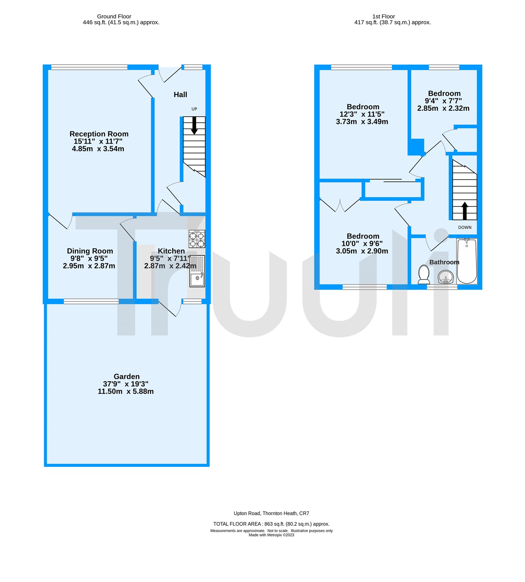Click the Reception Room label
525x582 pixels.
click(x=99, y=134)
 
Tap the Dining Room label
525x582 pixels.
click(x=90, y=251)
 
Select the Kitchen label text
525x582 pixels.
click(x=171, y=251)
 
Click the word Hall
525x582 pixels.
click(x=180, y=95)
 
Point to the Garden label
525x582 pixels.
click(x=126, y=376)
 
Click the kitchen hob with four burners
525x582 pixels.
click(x=197, y=239)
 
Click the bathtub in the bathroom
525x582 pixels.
click(x=467, y=261)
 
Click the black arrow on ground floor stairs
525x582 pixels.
click(x=194, y=126)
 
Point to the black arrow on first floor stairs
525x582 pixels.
click(x=464, y=210)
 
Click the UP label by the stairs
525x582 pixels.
click(x=194, y=109)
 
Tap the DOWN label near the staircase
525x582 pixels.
click(x=465, y=228)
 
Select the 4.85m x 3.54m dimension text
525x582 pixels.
click(x=98, y=149)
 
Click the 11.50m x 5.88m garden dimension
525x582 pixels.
click(x=126, y=391)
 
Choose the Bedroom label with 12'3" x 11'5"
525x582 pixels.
click(x=363, y=107)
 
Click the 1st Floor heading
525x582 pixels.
click(x=383, y=16)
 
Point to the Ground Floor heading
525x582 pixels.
click(x=114, y=16)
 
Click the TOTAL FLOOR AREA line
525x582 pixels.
click(x=271, y=524)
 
